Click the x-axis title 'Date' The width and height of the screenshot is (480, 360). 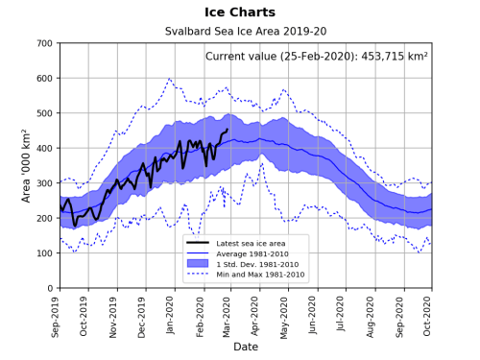[x=245, y=347]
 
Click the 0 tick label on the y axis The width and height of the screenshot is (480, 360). [x=49, y=288]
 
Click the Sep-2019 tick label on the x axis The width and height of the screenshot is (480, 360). [x=60, y=313]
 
